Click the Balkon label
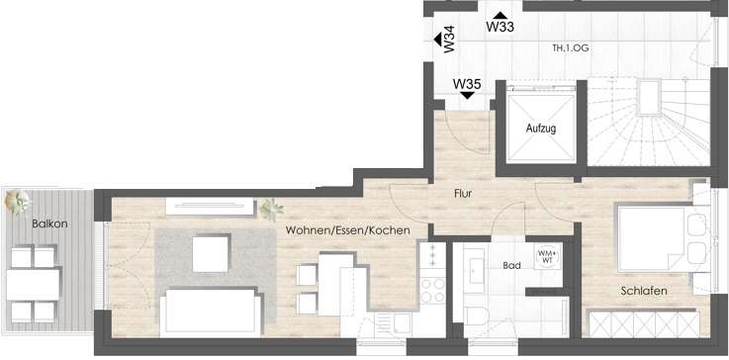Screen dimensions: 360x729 [x=49, y=224]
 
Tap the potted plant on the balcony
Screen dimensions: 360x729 [x=17, y=203]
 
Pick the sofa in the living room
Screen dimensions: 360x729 [x=211, y=312]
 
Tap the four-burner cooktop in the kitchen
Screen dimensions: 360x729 [x=432, y=290]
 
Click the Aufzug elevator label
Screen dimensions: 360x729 [x=540, y=130]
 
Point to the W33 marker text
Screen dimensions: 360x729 [x=500, y=28]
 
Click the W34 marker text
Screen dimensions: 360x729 [x=449, y=41]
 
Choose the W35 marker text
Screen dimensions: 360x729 [x=467, y=84]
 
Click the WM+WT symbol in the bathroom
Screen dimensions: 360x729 [x=546, y=256]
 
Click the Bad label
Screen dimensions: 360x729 [x=511, y=267]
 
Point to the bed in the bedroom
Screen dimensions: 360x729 [x=655, y=237]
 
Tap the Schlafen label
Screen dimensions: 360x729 [x=643, y=291]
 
